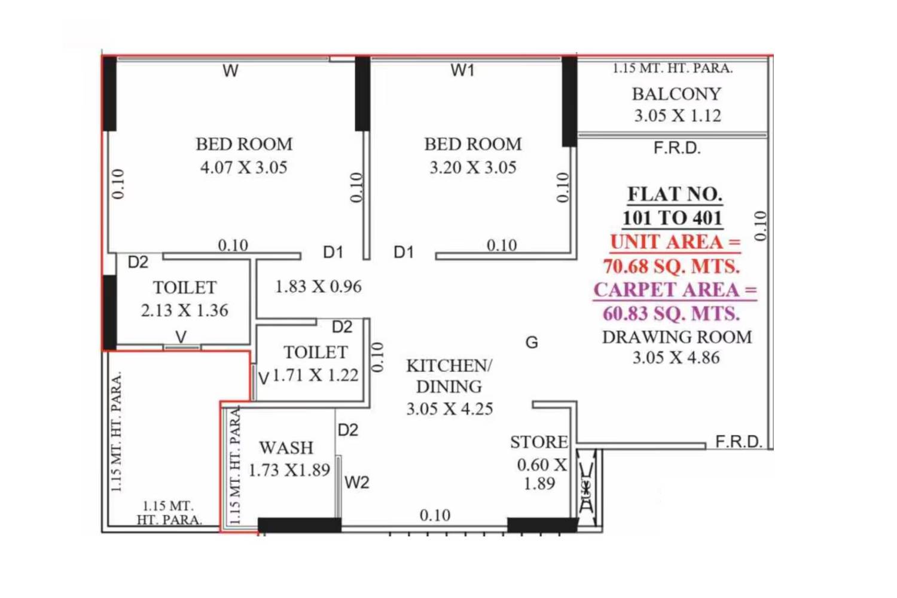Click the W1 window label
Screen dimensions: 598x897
coord(462,71)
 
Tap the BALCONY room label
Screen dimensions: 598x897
coord(676,94)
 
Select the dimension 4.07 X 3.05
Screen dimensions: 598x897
coord(243,167)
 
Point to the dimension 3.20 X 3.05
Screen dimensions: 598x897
coord(472,167)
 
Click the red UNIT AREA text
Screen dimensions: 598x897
coord(675,242)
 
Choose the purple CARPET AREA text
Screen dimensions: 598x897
coord(675,290)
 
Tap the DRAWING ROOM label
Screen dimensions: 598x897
coord(676,337)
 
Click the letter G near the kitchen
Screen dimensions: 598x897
coord(532,343)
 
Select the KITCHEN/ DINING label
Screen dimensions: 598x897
coord(449,376)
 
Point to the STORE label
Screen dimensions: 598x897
coord(539,442)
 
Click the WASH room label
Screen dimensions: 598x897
coord(286,447)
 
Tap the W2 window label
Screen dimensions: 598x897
coord(357,482)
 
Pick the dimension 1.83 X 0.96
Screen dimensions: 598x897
coord(318,286)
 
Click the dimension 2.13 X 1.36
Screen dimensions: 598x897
coord(184,310)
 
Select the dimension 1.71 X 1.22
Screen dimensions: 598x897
coord(315,376)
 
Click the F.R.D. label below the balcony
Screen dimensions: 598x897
coord(676,148)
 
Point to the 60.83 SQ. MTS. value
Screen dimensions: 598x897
coord(671,314)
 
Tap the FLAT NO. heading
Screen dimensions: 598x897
coord(675,194)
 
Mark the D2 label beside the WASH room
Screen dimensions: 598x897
coord(347,430)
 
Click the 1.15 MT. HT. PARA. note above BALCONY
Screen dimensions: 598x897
coord(672,68)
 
